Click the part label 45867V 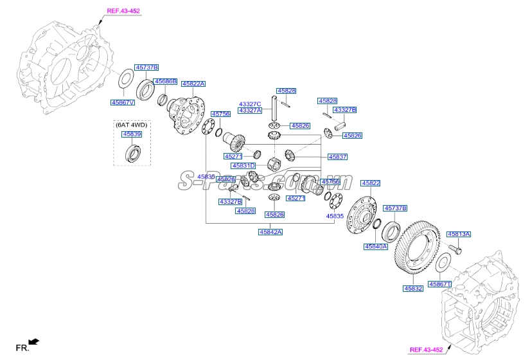click(x=122, y=102)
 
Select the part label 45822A click(x=193, y=84)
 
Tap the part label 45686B click(x=164, y=82)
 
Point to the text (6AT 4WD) click(x=131, y=125)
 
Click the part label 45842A click(x=270, y=231)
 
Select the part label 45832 click(x=413, y=289)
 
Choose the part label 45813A click(x=459, y=235)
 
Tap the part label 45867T click(x=441, y=283)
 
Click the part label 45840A click(x=376, y=246)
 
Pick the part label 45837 click(x=337, y=156)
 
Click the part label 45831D click(x=244, y=166)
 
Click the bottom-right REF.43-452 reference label click(x=426, y=350)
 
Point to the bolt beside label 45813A click(x=454, y=248)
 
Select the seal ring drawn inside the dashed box click(x=135, y=154)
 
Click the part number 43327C click(x=250, y=104)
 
